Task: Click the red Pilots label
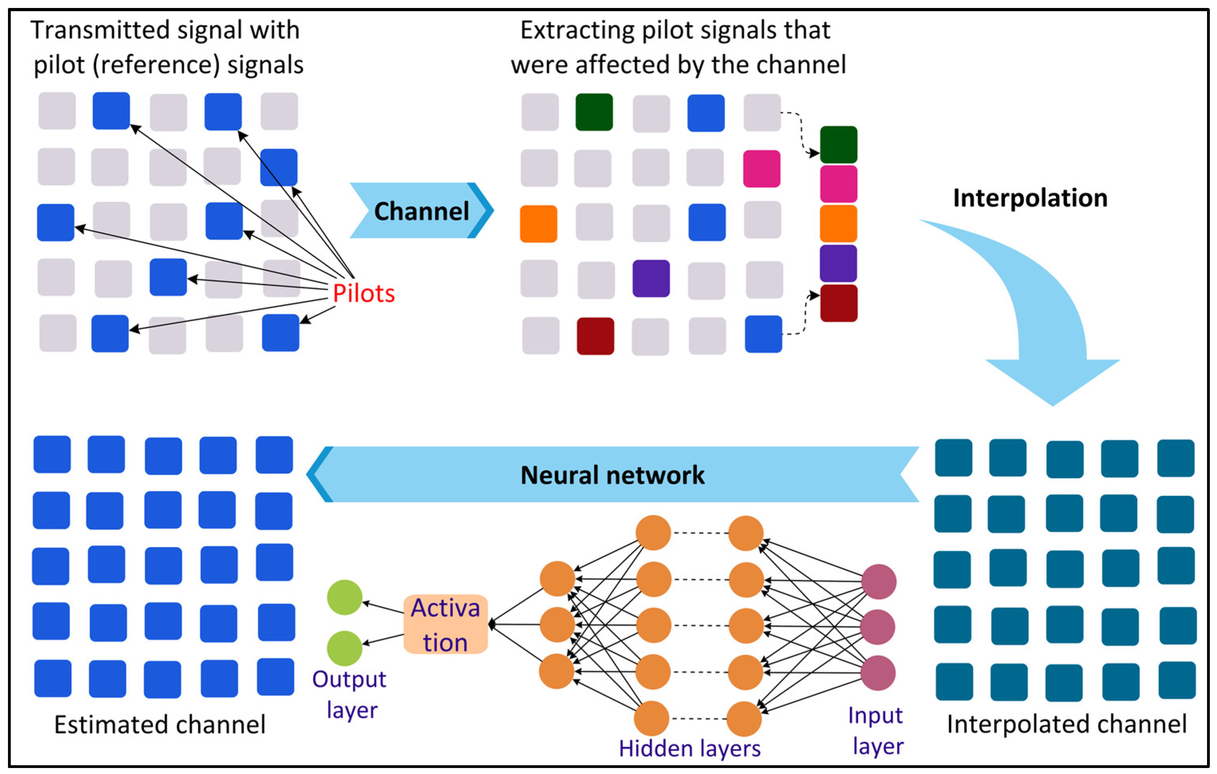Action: [363, 293]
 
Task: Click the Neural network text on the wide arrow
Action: [612, 475]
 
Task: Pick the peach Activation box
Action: [445, 624]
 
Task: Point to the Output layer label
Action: [350, 694]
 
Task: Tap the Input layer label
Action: [877, 731]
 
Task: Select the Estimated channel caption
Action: [160, 725]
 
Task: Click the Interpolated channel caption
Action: [1066, 724]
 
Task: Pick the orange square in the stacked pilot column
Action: [838, 223]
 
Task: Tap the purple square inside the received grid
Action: [651, 278]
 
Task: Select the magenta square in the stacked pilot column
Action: [838, 184]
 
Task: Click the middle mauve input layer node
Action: [878, 627]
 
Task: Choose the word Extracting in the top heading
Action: [577, 30]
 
